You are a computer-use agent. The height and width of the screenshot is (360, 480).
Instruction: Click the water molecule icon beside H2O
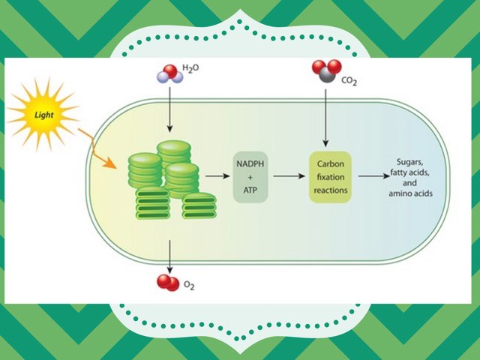click(166, 74)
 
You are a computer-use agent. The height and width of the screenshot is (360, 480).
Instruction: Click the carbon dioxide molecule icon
click(324, 71)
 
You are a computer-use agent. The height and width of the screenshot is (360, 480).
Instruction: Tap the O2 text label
click(189, 286)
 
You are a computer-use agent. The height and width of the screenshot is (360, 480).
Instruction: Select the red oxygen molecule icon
click(167, 282)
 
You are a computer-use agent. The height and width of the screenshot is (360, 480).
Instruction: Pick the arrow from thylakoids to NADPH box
click(217, 176)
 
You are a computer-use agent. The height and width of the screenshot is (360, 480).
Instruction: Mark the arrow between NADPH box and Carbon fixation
click(288, 176)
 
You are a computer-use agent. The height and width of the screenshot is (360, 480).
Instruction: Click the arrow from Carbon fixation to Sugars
click(370, 176)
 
